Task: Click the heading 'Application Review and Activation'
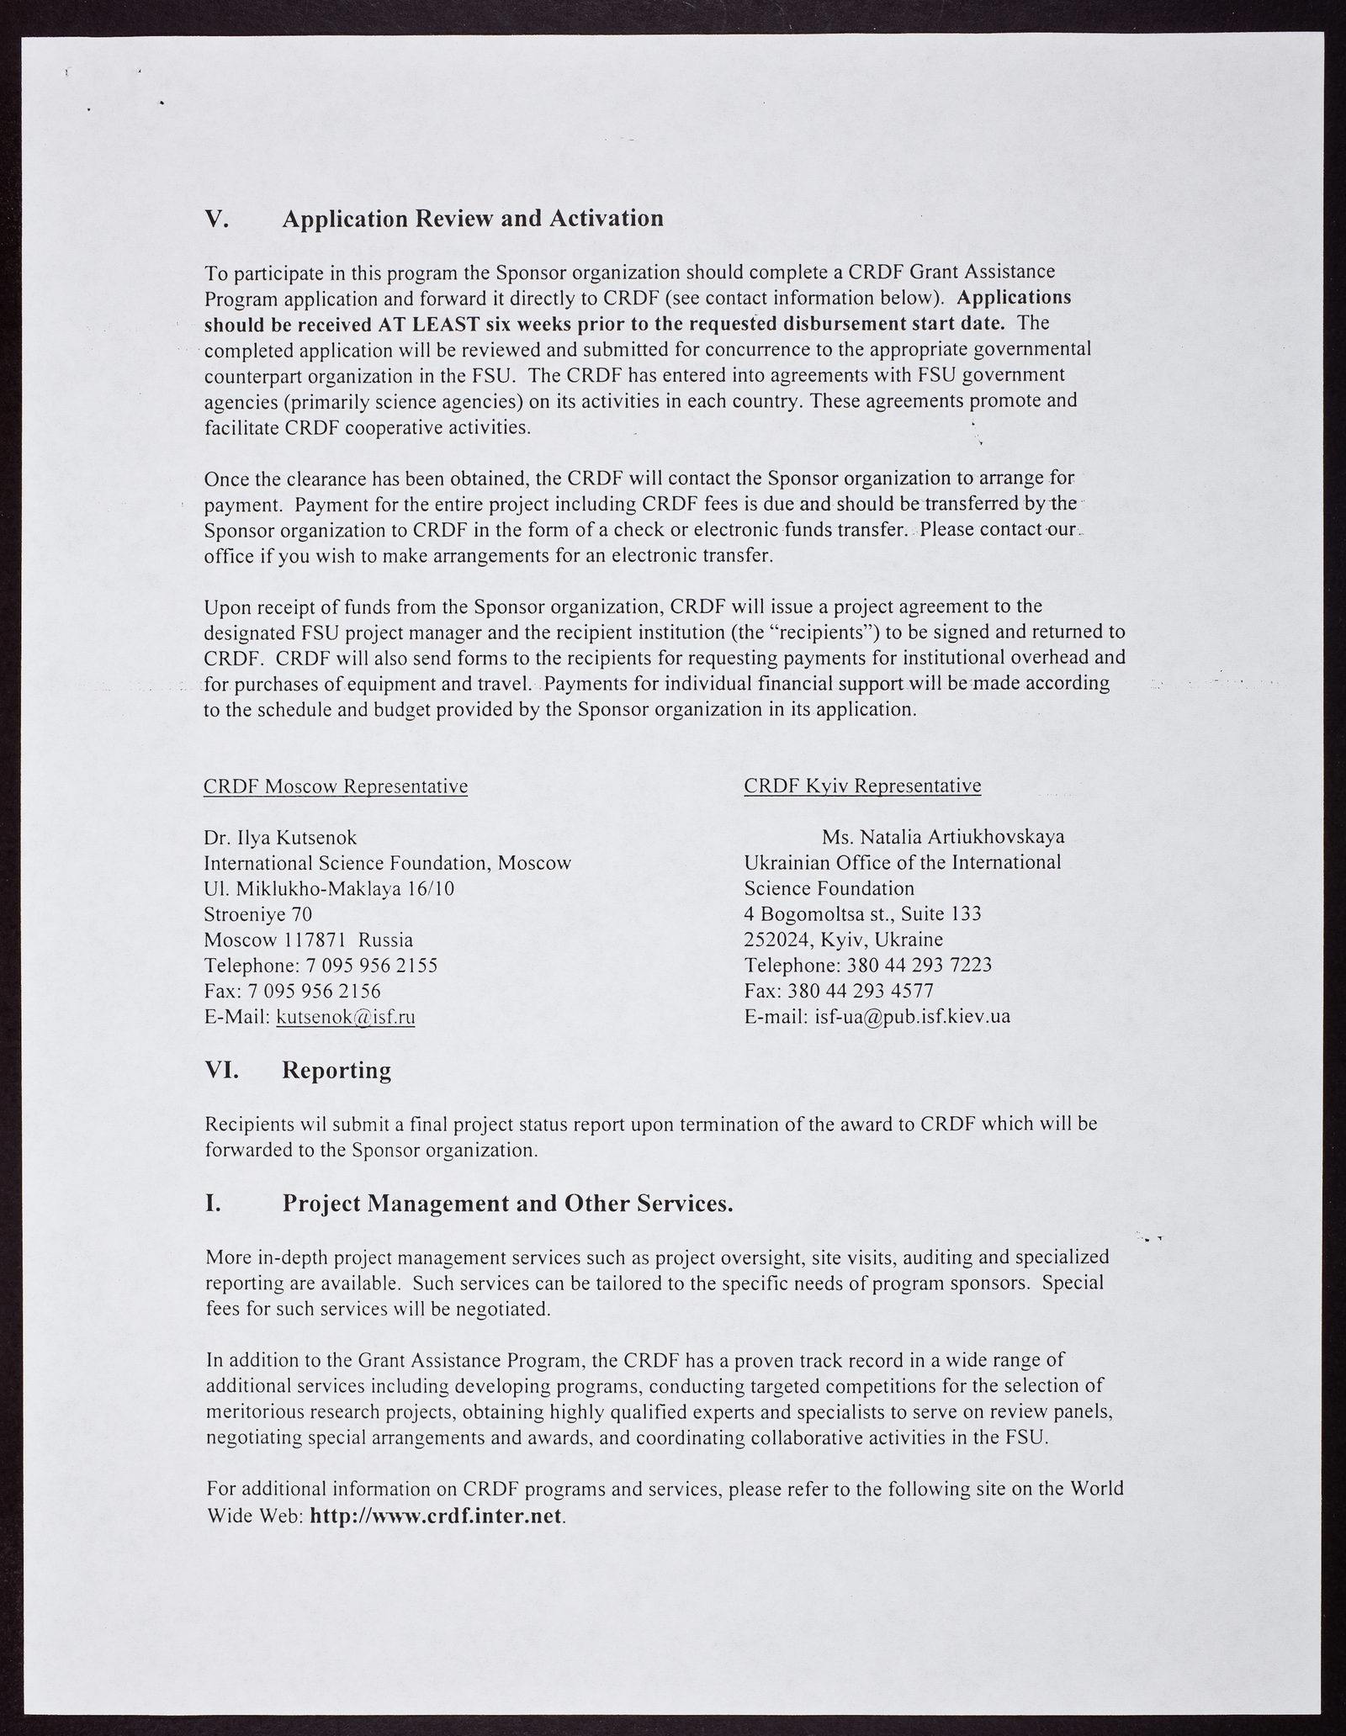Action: coord(473,219)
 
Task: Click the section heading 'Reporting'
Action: coord(336,1071)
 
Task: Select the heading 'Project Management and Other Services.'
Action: coord(507,1204)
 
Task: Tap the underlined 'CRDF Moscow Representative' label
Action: coord(336,786)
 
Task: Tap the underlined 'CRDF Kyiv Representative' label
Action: coord(862,786)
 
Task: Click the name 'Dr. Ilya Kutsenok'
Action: coord(280,838)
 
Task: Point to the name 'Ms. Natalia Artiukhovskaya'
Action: coord(943,838)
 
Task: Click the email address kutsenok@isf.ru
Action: coord(346,1017)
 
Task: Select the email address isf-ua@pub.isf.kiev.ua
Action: coord(912,1016)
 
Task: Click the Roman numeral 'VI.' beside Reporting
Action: coord(222,1071)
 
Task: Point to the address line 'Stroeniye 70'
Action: coord(258,914)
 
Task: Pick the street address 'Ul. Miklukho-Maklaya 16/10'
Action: coord(329,889)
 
